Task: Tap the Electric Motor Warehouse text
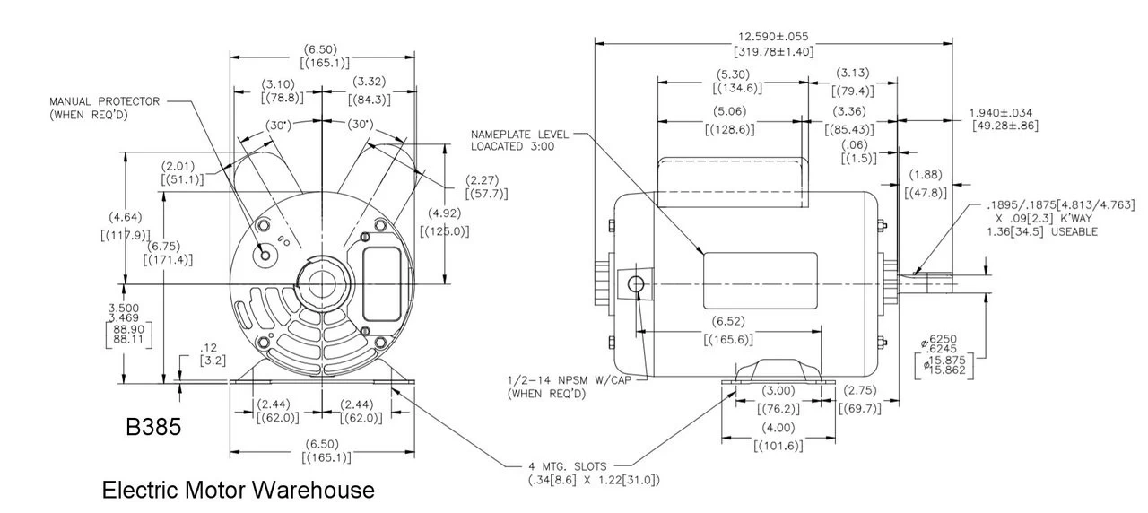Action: tap(238, 491)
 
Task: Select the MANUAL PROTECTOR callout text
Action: tap(104, 108)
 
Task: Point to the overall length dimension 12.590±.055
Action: tap(773, 37)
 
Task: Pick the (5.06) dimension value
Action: tap(733, 112)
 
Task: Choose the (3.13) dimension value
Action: tap(853, 73)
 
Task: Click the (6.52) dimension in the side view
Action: tap(728, 321)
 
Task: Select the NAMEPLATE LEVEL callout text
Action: tap(519, 135)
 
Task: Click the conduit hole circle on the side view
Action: tap(637, 285)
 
